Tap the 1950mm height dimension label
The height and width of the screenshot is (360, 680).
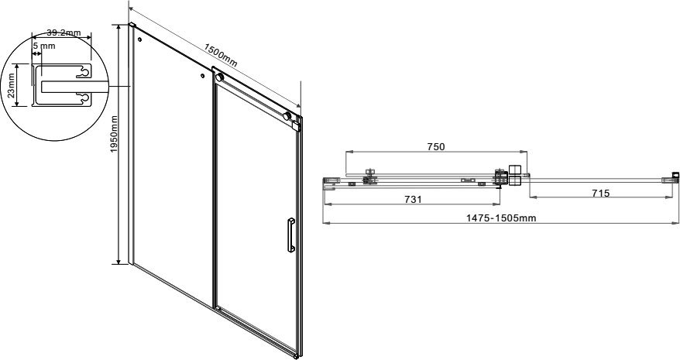pyautogui.click(x=114, y=134)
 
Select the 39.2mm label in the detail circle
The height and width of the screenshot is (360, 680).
pyautogui.click(x=64, y=33)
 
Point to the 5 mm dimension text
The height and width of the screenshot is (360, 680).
pyautogui.click(x=44, y=46)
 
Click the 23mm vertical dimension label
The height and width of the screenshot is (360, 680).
pyautogui.click(x=12, y=85)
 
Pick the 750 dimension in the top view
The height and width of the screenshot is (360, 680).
pyautogui.click(x=435, y=146)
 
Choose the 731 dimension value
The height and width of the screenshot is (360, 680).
pyautogui.click(x=413, y=199)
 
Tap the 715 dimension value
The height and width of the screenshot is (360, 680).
pyautogui.click(x=601, y=193)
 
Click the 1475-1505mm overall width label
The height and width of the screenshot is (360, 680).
pyautogui.click(x=501, y=218)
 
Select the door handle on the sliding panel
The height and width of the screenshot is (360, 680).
pyautogui.click(x=290, y=235)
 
